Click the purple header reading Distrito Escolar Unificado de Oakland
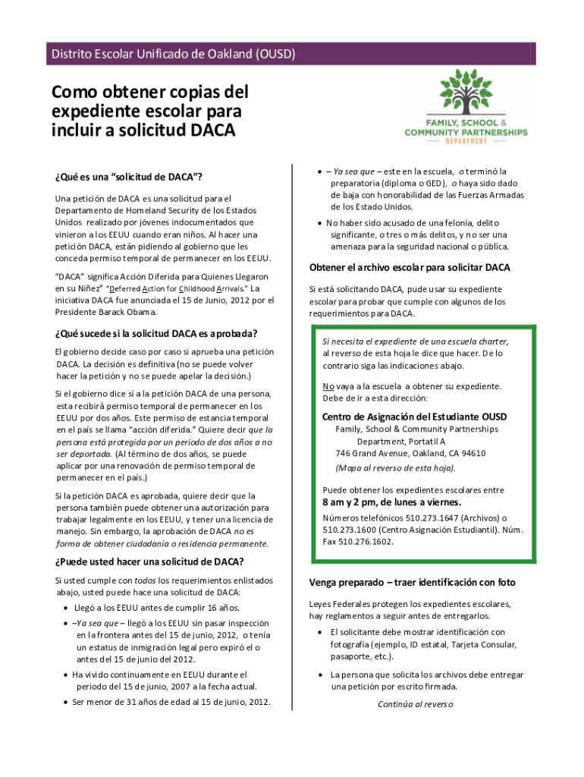[173, 54]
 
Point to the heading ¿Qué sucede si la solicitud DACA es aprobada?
[155, 334]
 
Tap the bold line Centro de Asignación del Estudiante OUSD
[414, 417]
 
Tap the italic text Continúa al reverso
[415, 703]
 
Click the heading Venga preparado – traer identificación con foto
[412, 583]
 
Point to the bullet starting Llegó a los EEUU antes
[156, 608]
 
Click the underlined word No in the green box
[328, 386]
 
